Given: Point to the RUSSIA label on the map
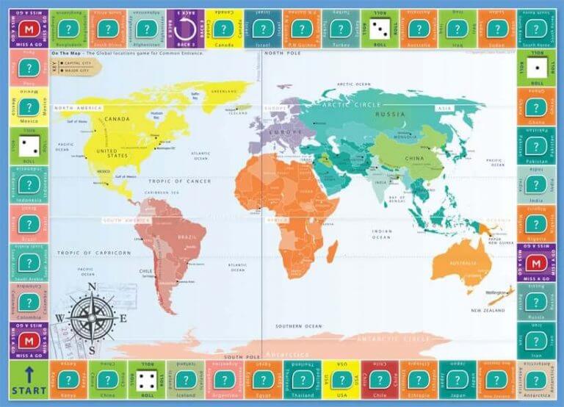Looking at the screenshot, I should point(388,114).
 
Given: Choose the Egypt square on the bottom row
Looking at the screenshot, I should point(263,379).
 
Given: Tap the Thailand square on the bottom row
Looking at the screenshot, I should point(302,379).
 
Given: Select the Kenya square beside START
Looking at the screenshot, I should point(68,379).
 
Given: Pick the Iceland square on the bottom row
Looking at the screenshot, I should point(185,379).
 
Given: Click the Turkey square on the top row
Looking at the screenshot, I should point(340,29).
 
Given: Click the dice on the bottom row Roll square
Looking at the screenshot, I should point(146,379).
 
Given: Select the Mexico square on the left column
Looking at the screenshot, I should point(29,107).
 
